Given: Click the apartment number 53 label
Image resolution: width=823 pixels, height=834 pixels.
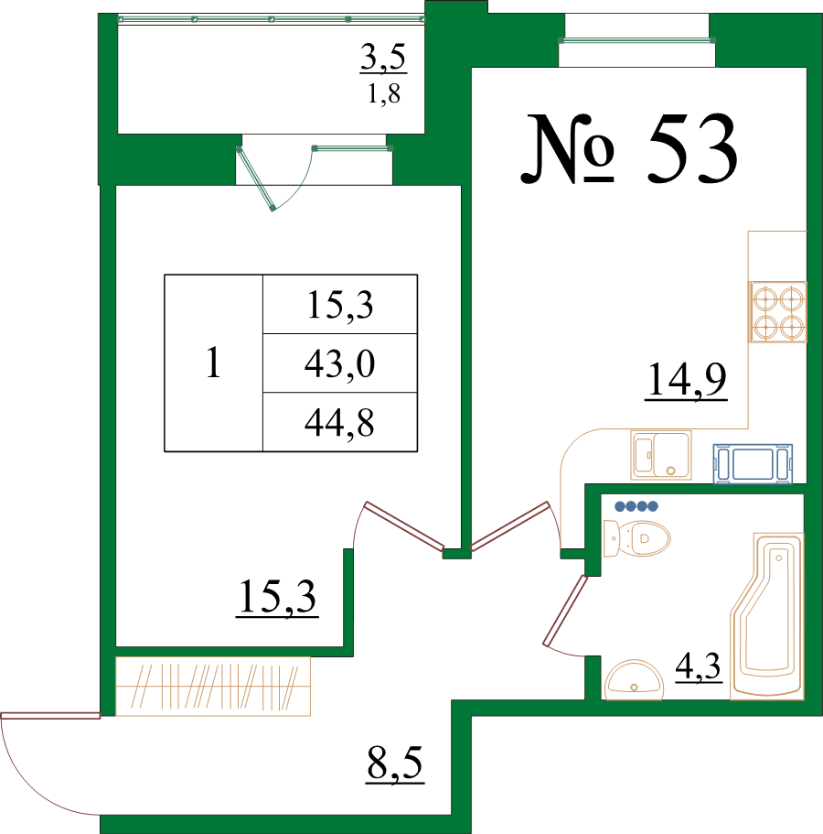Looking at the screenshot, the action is [629, 149].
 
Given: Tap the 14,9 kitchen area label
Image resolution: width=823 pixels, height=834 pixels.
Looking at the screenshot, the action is [687, 379].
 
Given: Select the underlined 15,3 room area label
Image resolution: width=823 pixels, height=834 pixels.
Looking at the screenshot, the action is [277, 597].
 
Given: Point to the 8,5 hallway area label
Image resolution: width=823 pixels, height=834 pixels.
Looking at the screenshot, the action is [395, 764].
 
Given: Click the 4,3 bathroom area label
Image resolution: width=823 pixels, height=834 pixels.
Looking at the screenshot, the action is [698, 667].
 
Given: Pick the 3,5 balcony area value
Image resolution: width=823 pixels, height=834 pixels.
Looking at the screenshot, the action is [383, 57].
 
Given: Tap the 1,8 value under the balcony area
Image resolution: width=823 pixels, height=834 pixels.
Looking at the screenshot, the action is [383, 94].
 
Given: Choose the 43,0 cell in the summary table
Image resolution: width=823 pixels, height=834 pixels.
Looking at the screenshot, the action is [340, 363].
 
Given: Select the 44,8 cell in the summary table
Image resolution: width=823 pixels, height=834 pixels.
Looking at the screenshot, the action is [340, 423].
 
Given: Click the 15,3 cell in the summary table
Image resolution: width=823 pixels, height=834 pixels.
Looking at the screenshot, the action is [340, 305].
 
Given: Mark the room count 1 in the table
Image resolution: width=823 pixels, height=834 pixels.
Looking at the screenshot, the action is [213, 363].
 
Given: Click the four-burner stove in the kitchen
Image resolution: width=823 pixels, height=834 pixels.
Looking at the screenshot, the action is [778, 311].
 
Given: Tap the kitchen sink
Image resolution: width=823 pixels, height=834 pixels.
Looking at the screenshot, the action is [661, 455].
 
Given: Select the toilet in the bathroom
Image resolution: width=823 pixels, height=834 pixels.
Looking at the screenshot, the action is [636, 538].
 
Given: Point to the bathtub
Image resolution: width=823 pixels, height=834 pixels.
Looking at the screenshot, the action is [767, 616].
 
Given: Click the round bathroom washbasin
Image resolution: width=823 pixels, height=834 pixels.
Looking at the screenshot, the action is [635, 680].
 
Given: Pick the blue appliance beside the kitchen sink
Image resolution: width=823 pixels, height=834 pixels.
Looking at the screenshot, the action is [753, 464].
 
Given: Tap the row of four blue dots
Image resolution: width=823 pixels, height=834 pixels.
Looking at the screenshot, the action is [636, 506].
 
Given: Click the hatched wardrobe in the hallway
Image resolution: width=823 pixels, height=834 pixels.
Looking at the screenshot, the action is [213, 686].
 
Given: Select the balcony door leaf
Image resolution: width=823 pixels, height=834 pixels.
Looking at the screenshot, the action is [255, 179].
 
